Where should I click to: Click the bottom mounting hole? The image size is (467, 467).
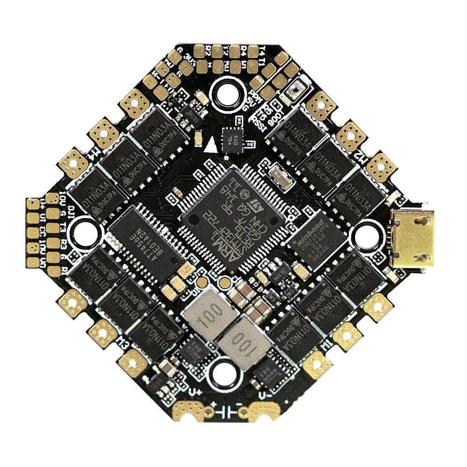(x=224, y=371)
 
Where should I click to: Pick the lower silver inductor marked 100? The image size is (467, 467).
(x=241, y=339)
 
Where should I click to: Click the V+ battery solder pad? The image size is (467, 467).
(x=191, y=409)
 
